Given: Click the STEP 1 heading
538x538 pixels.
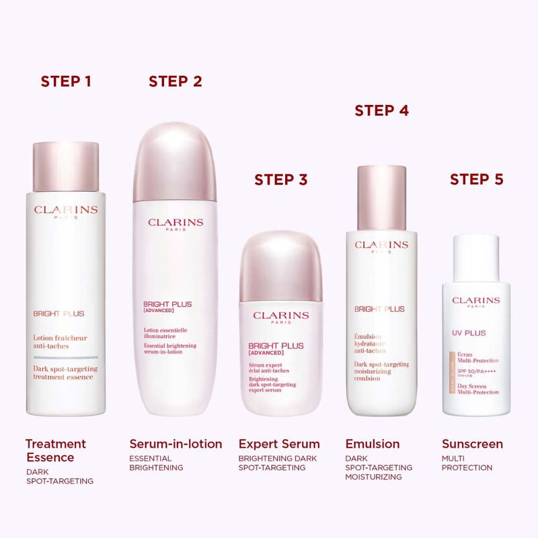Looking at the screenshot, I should pyautogui.click(x=66, y=82).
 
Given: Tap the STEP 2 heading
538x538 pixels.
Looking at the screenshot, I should pyautogui.click(x=175, y=82).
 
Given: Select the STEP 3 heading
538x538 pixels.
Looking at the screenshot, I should pyautogui.click(x=280, y=180).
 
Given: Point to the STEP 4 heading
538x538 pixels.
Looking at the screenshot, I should pyautogui.click(x=381, y=111).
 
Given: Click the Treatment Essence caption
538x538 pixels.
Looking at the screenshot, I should pyautogui.click(x=56, y=451).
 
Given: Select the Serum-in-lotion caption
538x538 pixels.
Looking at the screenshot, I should pyautogui.click(x=176, y=444).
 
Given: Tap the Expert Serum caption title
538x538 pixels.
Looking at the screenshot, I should pyautogui.click(x=279, y=444).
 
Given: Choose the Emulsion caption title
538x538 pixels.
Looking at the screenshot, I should pyautogui.click(x=372, y=444).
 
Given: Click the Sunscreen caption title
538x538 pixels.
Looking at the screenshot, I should pyautogui.click(x=472, y=444).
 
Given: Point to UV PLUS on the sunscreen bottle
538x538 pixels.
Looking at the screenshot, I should pyautogui.click(x=467, y=332).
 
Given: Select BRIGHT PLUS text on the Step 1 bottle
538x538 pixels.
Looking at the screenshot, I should pyautogui.click(x=59, y=313).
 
